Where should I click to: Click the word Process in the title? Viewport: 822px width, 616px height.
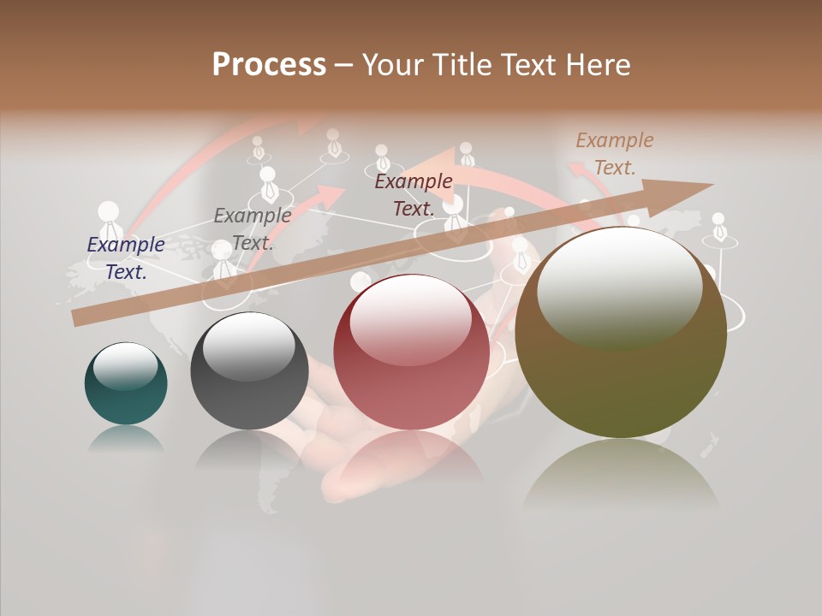coord(269,65)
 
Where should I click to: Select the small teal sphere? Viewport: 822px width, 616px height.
coord(126,384)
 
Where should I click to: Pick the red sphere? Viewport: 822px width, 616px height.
coord(411,352)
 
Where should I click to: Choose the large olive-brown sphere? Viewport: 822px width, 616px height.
coord(621,334)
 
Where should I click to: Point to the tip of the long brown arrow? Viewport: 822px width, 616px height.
coord(711,185)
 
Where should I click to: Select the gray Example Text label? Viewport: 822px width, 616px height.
coord(252,229)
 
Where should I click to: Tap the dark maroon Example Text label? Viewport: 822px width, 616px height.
coord(414,195)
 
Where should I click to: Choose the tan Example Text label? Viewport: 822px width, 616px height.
coord(615,154)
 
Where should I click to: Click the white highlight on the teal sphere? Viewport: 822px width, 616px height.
coord(125,367)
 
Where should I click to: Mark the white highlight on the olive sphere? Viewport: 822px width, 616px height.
coord(619,287)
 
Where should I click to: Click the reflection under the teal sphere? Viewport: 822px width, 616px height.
coord(126,438)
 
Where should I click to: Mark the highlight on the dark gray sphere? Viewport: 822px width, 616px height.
coord(248,346)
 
